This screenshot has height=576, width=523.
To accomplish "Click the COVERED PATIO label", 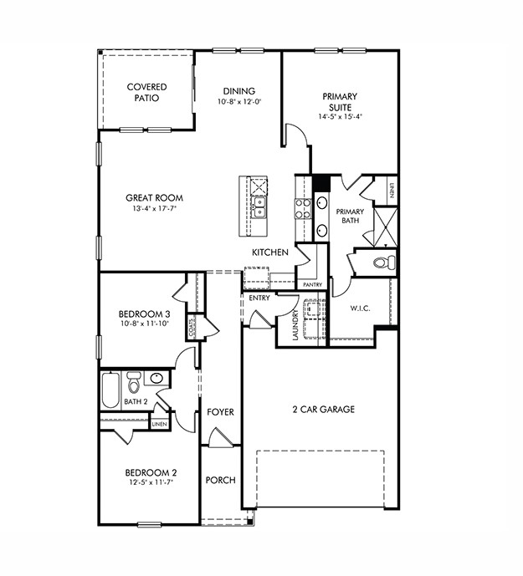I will coord(146,92).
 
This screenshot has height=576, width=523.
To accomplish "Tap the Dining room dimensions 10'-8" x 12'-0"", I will coord(238,102).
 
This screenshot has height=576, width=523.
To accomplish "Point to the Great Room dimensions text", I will coord(154,210).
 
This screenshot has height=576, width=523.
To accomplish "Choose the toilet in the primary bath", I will coord(382,263).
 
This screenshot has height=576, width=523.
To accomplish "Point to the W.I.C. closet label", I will coord(360,308).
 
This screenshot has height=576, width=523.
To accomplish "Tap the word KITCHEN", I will coord(270,252).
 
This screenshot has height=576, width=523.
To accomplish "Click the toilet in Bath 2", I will coord(134,384).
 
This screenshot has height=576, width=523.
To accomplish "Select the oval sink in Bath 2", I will coord(156,379).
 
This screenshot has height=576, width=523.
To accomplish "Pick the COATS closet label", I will coord(192,328).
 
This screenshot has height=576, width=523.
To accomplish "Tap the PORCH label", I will coord(220,480).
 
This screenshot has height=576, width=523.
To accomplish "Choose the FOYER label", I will coord(220,413).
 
